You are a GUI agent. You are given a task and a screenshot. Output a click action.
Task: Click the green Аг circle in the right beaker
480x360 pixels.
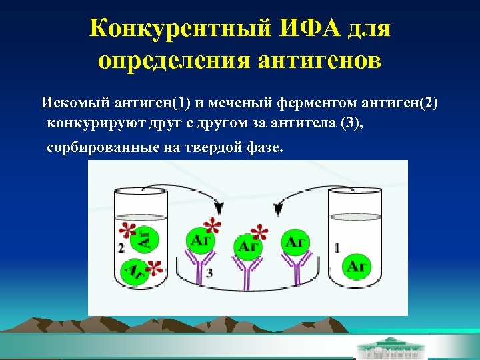(357, 266)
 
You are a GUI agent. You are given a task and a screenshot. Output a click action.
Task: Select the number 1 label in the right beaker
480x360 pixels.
(337, 248)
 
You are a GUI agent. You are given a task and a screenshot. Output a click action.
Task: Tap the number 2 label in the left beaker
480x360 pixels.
(121, 248)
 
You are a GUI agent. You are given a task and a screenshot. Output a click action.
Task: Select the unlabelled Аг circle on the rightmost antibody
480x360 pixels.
(294, 242)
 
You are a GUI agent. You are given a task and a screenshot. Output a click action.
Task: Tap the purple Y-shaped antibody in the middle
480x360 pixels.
(247, 273)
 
